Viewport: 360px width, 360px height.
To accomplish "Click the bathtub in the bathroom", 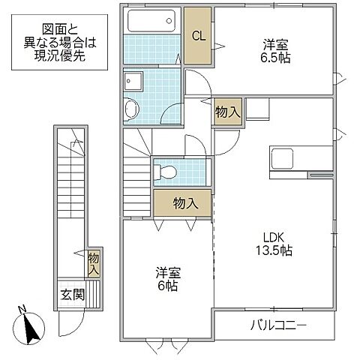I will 153,20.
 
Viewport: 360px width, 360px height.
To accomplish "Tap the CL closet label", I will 199,36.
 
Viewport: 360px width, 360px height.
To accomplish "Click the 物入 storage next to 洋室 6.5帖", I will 227,112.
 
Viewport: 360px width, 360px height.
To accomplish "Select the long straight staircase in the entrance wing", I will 73,202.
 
